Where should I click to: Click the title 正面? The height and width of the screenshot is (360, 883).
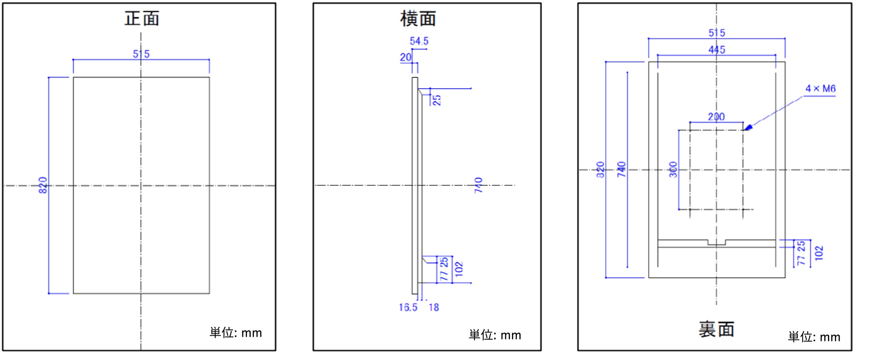pos(142,18)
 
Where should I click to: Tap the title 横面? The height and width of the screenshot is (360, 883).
pos(418,19)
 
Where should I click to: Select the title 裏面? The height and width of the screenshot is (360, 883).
pos(716,329)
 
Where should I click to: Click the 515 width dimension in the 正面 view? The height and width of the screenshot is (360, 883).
pos(141,54)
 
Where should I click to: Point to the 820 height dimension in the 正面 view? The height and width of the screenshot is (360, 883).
pos(43,185)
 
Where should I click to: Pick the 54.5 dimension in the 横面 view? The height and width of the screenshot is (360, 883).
pos(419,41)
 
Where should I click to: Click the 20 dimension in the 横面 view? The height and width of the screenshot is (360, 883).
pos(406,57)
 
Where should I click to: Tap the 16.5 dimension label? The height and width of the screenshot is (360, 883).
pos(408,307)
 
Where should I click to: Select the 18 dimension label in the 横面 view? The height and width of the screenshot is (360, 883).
pos(434,307)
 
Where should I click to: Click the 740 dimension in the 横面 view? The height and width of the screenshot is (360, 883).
pos(479,185)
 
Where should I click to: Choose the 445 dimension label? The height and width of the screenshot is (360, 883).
pos(717,50)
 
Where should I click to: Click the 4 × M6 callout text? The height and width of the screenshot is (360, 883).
pos(820,89)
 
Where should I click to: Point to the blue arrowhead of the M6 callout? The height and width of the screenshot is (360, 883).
pos(748,127)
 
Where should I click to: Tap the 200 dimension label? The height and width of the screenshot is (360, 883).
pos(716,117)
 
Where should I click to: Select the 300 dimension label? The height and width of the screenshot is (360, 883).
pos(673,170)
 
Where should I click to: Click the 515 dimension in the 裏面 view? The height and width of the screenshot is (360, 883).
pos(717,33)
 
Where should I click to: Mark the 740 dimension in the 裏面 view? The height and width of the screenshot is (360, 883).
pos(621,170)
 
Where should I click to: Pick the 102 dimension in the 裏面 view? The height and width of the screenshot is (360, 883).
pos(819,253)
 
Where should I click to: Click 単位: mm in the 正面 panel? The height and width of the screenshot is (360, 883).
pos(236,333)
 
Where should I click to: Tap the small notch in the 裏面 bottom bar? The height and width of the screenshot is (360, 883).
pos(717,243)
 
